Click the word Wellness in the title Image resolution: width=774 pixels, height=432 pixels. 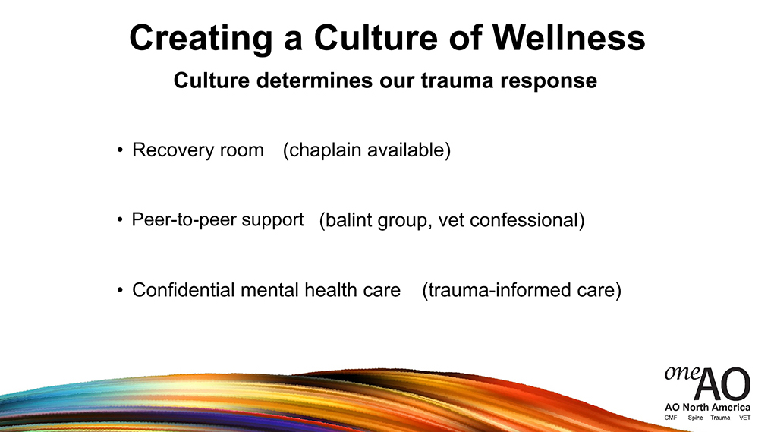(568, 38)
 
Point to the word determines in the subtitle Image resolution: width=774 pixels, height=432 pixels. (314, 80)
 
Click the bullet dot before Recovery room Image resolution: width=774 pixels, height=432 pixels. (120, 150)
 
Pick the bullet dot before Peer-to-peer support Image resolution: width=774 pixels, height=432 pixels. (120, 219)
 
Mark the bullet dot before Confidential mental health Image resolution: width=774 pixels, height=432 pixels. (120, 290)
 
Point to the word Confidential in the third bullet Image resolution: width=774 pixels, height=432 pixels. (183, 290)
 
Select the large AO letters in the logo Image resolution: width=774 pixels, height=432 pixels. (722, 383)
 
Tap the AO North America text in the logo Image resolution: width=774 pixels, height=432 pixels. (707, 407)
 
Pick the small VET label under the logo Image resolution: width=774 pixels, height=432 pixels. (744, 418)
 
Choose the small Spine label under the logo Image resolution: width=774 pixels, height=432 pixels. (695, 418)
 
